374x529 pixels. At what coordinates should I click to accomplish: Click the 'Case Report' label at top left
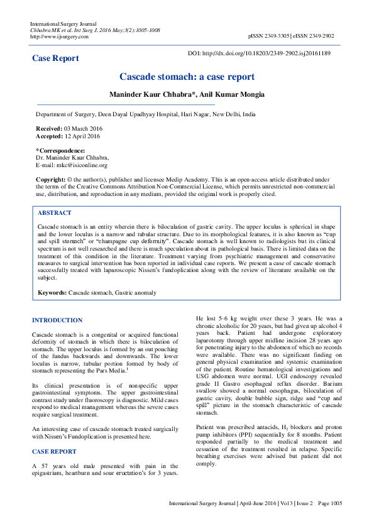[56, 58]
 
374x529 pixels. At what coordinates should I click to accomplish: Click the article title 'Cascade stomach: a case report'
[187, 77]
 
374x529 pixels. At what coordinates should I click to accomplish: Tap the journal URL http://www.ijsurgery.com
[59, 36]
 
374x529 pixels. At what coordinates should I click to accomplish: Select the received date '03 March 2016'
[82, 128]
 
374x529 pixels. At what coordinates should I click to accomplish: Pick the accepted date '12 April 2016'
[82, 136]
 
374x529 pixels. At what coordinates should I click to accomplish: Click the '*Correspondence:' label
[60, 151]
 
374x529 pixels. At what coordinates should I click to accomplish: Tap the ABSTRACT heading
[55, 213]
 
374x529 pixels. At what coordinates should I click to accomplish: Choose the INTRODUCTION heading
[57, 320]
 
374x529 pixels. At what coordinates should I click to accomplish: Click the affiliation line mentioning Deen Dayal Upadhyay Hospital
[145, 115]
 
